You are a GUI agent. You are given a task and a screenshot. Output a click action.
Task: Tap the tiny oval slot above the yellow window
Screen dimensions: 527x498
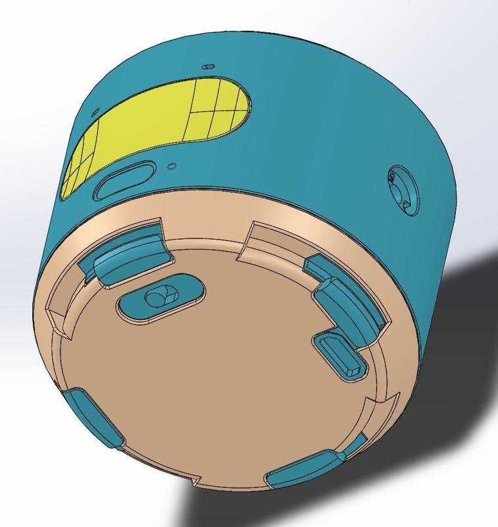(209, 67)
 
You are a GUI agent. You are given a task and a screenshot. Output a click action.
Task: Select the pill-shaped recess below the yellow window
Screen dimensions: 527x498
(125, 180)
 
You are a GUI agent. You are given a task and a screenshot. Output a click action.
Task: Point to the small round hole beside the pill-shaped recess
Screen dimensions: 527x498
(172, 166)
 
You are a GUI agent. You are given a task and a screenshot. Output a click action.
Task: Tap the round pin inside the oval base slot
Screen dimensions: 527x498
(158, 298)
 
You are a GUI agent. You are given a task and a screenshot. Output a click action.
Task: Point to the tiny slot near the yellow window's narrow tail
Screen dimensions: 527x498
(95, 112)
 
